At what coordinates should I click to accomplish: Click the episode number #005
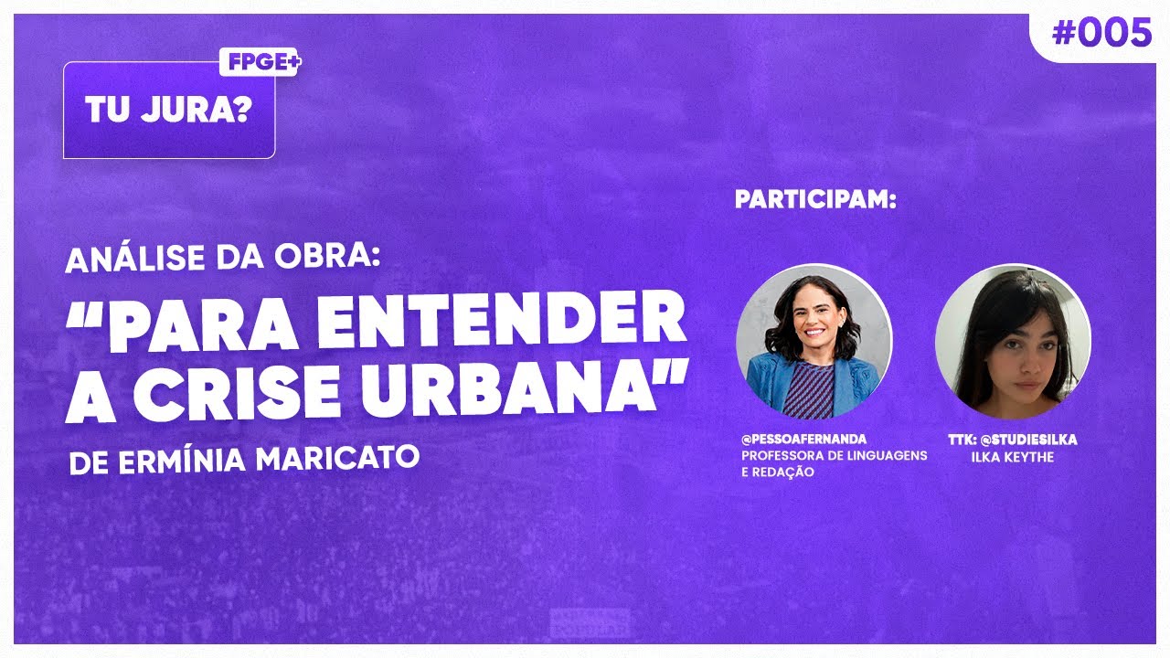coord(1101,34)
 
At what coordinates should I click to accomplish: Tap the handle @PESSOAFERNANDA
coord(803,440)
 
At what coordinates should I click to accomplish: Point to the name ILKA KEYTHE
coord(1013,456)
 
